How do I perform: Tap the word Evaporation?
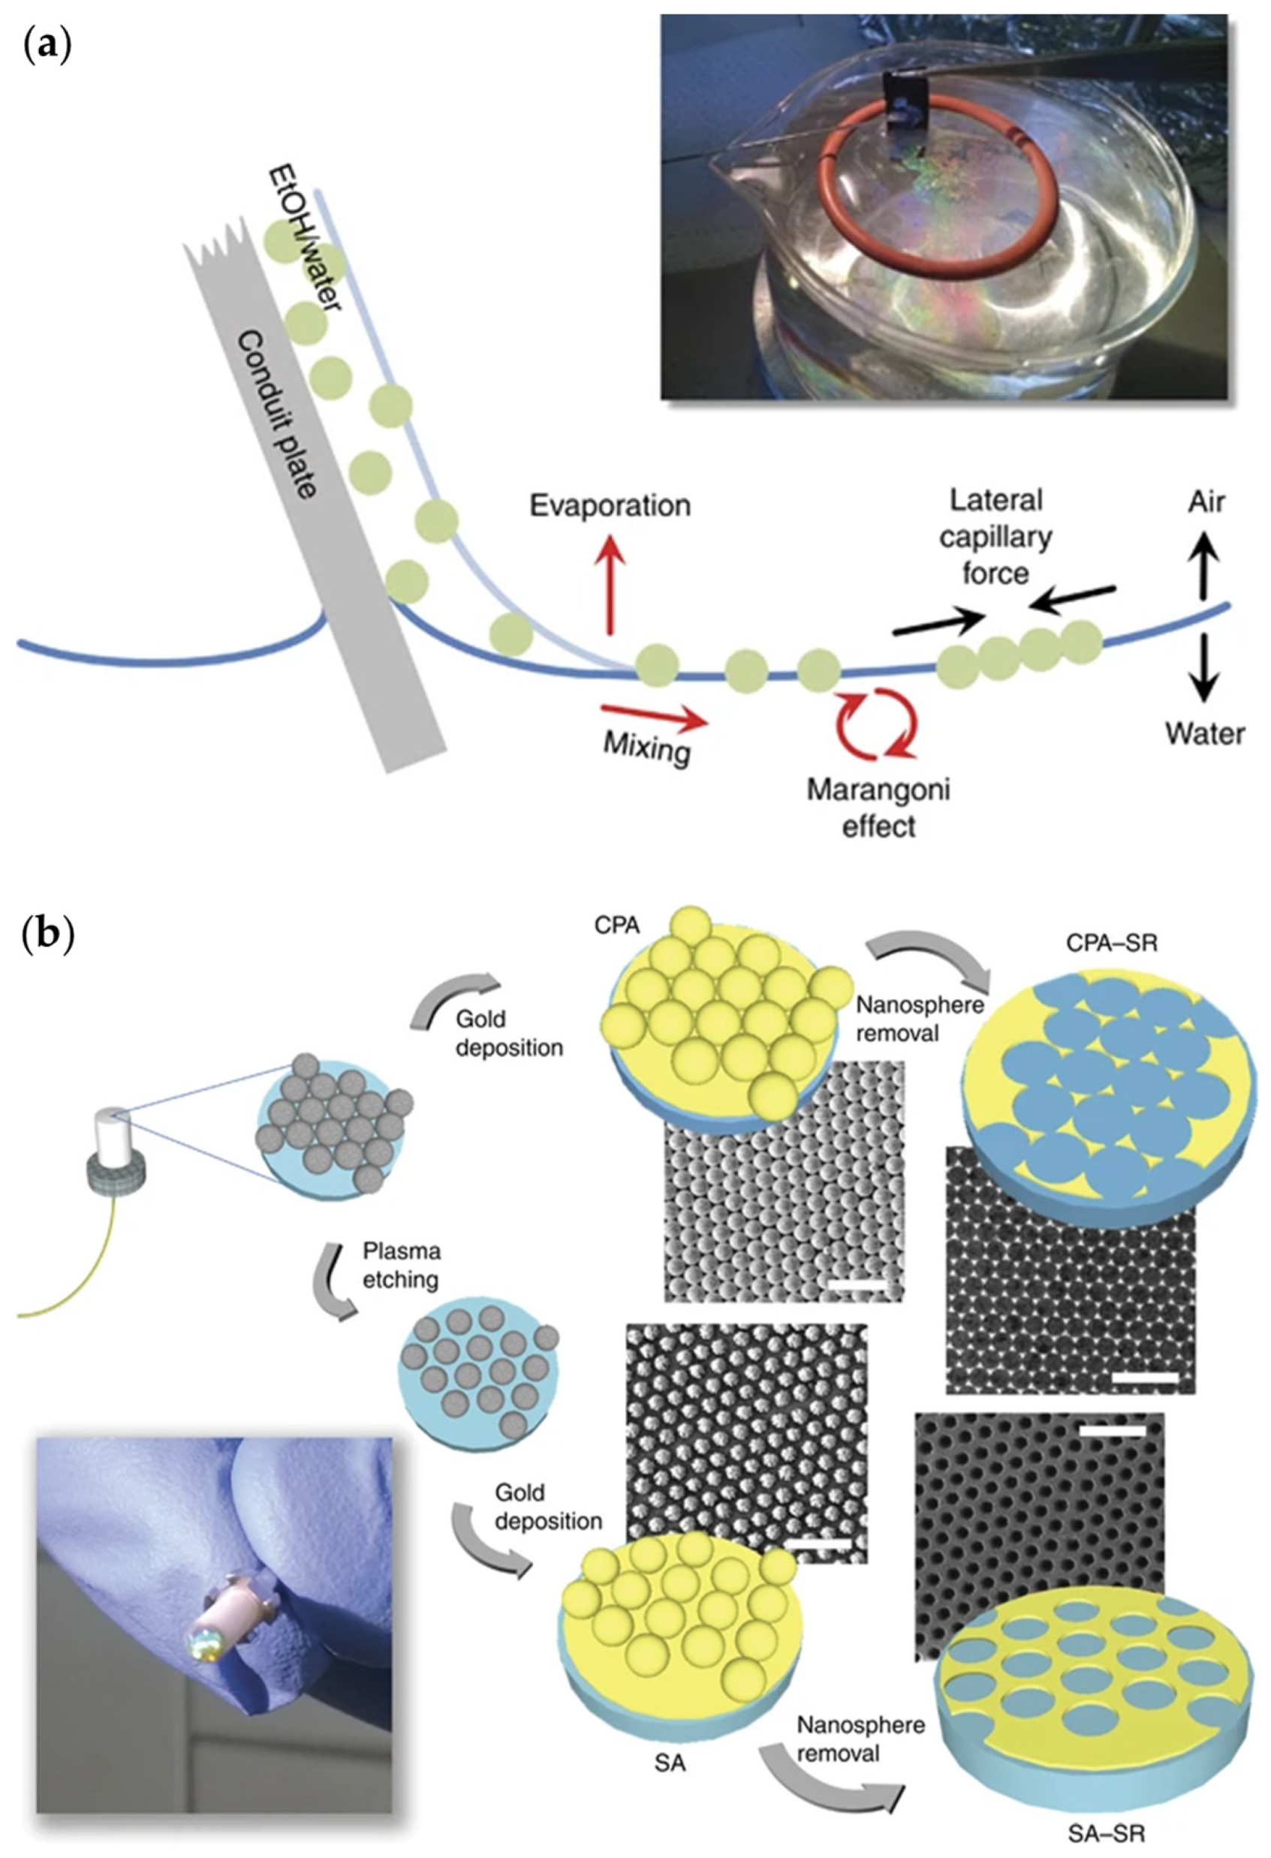(610, 506)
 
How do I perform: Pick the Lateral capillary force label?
(995, 537)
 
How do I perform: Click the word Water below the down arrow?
(1205, 733)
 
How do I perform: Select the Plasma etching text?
(402, 1265)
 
